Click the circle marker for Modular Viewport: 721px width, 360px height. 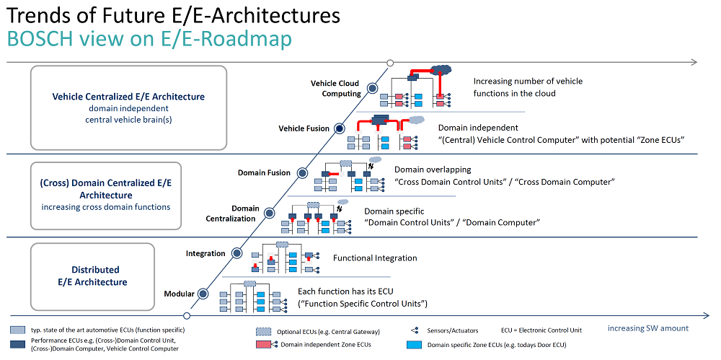tap(203, 293)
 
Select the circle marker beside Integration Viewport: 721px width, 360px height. tap(236, 253)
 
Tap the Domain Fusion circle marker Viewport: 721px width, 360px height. tap(302, 173)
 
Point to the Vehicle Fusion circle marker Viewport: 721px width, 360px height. tap(339, 128)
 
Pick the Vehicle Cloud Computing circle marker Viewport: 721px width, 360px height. tap(371, 88)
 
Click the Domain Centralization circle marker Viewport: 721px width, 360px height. tap(270, 213)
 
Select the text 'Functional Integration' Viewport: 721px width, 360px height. tap(375, 258)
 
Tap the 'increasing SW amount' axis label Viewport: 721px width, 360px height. tap(648, 328)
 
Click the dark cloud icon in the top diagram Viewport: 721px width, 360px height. tap(441, 69)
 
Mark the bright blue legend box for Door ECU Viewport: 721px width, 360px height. tap(414, 344)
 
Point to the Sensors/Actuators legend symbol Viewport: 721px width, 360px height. tap(415, 330)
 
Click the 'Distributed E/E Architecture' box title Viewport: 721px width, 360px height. tap(99, 276)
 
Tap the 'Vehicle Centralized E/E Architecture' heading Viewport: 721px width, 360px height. tap(128, 97)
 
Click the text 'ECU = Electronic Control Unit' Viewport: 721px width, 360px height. tap(541, 330)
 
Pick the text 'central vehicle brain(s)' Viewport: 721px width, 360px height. tap(128, 120)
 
